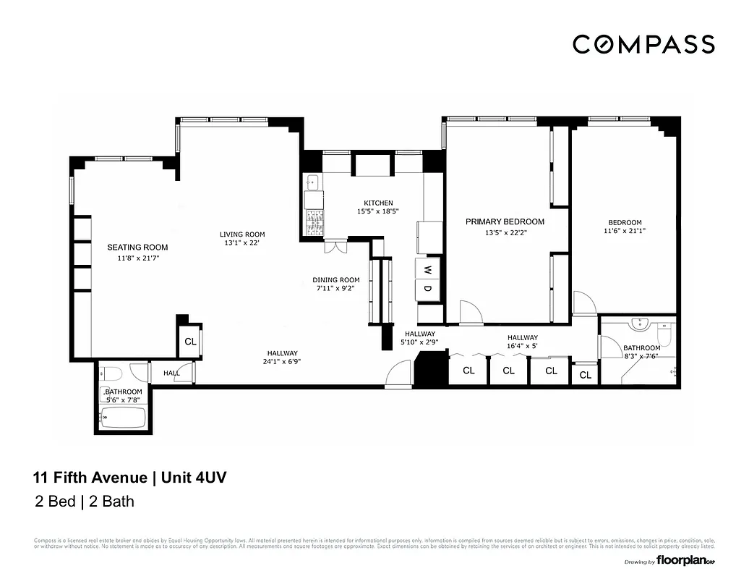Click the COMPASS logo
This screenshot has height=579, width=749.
click(643, 44)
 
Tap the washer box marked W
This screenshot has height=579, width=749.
click(427, 269)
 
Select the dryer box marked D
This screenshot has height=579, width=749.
click(427, 289)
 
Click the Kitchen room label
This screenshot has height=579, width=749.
click(378, 203)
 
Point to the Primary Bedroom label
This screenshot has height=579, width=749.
click(505, 221)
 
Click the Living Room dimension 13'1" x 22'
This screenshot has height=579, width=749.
click(242, 243)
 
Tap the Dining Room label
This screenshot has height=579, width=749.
click(336, 280)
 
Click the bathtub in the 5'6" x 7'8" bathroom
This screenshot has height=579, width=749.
click(123, 418)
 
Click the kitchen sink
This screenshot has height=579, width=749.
click(312, 182)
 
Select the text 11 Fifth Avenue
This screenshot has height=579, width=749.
click(90, 478)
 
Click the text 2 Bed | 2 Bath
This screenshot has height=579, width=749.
click(85, 502)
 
